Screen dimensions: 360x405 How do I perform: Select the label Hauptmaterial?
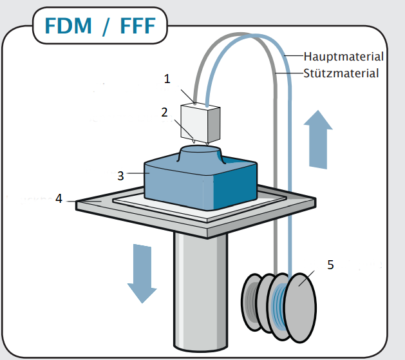(344, 57)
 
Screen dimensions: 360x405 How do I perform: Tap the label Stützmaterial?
(341, 73)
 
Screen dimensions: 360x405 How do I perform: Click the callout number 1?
(167, 79)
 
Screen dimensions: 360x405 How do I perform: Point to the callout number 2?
(165, 111)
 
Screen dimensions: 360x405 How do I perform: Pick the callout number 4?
(59, 198)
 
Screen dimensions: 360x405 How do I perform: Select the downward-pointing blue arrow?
(142, 271)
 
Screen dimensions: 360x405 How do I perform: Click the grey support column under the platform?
(200, 290)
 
